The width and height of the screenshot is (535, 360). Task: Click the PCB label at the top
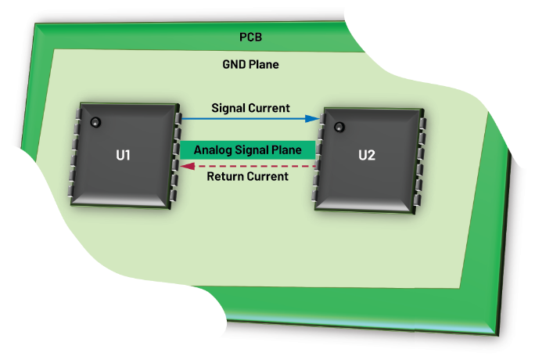pos(251,37)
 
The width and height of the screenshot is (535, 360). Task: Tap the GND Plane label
pos(251,64)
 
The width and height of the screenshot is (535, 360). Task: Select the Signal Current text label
pos(250,108)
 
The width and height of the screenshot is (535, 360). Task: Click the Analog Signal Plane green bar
pos(248,149)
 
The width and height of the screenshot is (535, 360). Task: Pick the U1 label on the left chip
pos(123,155)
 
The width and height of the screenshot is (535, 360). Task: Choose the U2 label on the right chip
pos(366,155)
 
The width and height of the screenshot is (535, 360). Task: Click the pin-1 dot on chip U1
pos(95,122)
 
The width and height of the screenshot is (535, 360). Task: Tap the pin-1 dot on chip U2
pos(339,127)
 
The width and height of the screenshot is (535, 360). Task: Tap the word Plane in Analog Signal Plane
pos(289,149)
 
